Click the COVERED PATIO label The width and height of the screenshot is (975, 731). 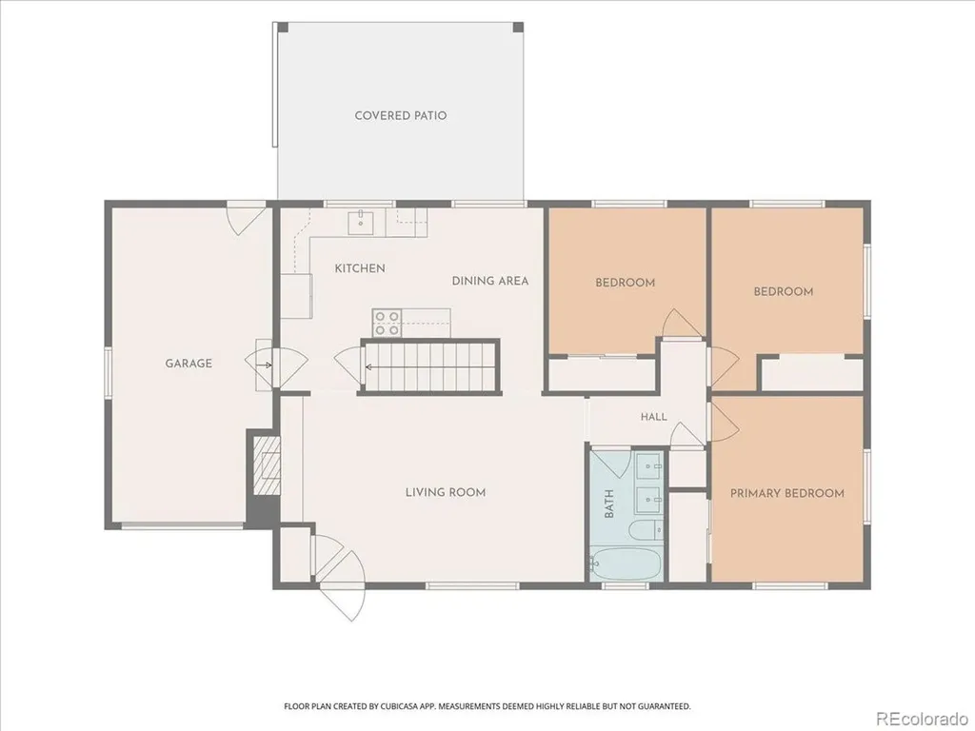pos(401,115)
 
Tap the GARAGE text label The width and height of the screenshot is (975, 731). pos(189,363)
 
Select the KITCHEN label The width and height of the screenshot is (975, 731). pos(360,268)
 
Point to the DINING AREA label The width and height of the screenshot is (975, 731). pos(490,281)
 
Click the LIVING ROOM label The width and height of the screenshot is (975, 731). pos(446,492)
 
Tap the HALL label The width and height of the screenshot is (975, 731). pos(654,417)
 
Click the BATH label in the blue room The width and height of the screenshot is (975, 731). pos(609,504)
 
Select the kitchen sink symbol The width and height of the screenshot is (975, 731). pos(360,222)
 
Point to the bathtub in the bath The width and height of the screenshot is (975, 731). pos(626,563)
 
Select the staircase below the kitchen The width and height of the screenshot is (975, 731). pos(430,366)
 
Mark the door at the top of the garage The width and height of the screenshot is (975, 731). pos(247,218)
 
